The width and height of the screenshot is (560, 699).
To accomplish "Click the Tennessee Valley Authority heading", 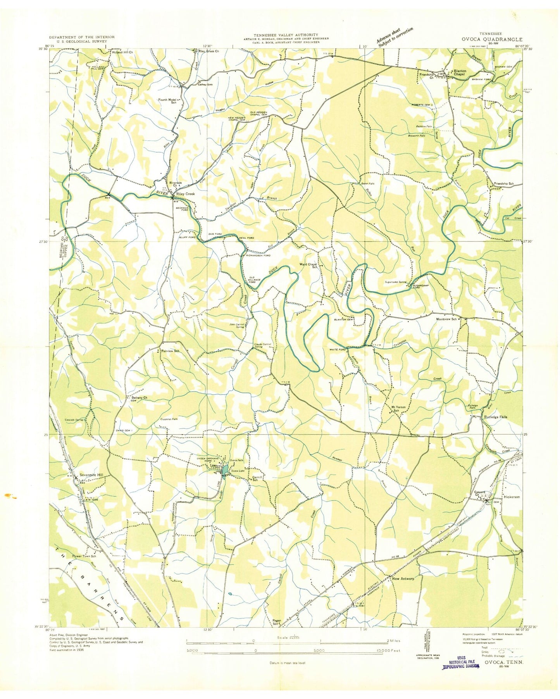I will pyautogui.click(x=286, y=35).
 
